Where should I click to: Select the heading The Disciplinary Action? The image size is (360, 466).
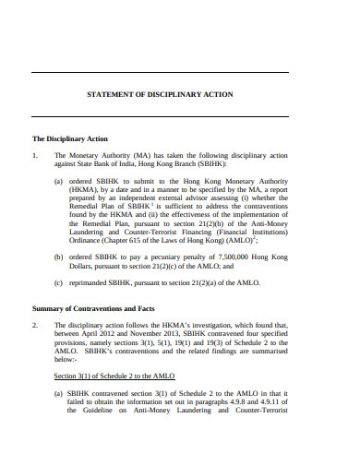coord(70,138)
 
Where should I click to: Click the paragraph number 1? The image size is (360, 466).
coord(35,156)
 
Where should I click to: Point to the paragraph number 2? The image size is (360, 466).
coord(35,325)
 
